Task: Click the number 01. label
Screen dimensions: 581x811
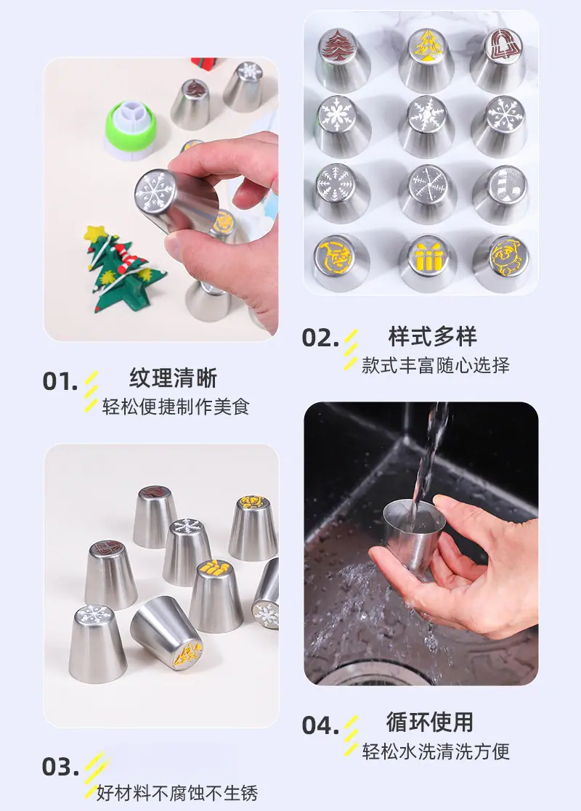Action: [x=60, y=382]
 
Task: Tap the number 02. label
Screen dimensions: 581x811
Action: [x=320, y=339]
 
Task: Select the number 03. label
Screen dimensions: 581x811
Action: [x=60, y=767]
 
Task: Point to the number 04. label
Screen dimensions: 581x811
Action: [x=320, y=725]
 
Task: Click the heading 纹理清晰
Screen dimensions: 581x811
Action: [x=174, y=378]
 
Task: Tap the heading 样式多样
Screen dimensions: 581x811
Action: [x=433, y=336]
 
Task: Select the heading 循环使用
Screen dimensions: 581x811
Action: [x=430, y=722]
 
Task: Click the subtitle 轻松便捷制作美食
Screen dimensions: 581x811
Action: [x=176, y=407]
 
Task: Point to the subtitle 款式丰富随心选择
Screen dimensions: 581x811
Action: [x=436, y=365]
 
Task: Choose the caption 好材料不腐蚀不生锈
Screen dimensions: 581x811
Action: [x=177, y=793]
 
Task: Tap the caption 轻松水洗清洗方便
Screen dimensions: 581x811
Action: [x=436, y=751]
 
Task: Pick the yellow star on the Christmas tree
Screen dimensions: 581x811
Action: [x=96, y=233]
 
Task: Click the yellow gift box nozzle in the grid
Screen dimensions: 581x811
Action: [x=427, y=263]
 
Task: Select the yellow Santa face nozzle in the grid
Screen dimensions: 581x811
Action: [x=341, y=262]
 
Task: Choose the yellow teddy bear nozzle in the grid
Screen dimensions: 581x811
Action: [x=501, y=263]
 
